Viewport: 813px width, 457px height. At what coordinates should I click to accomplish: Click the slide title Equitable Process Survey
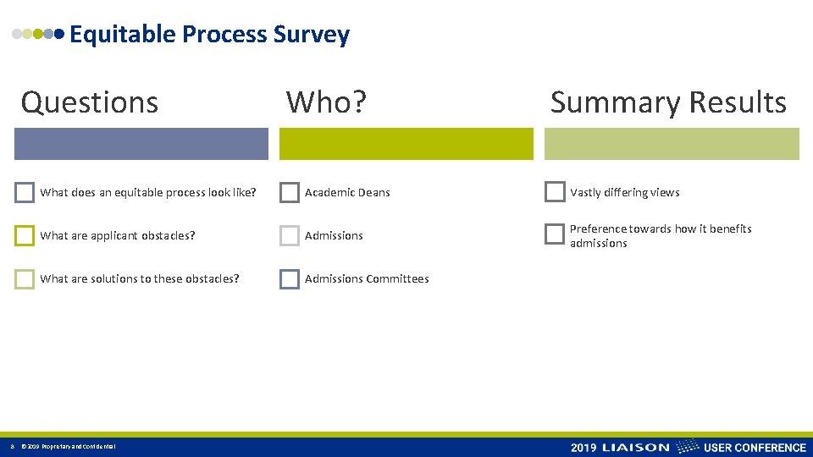click(x=208, y=35)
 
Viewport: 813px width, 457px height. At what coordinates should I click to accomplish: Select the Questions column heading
click(x=90, y=102)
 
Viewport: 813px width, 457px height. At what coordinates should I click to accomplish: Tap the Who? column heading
click(x=326, y=102)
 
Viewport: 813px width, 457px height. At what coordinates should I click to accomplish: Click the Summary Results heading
click(x=668, y=102)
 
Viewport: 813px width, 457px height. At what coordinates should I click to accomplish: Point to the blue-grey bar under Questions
click(x=141, y=144)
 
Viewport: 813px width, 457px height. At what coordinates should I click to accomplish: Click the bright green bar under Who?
click(x=406, y=144)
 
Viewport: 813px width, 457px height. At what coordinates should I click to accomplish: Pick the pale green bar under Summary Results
click(x=672, y=144)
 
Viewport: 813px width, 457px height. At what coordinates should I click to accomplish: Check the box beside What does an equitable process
click(x=25, y=192)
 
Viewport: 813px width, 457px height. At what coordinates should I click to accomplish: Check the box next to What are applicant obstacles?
click(x=25, y=235)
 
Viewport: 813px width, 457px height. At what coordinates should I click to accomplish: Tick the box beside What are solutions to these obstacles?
click(x=25, y=278)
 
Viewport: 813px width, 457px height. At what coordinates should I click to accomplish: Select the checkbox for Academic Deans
click(x=290, y=192)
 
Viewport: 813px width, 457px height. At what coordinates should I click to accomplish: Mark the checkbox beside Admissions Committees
click(x=290, y=278)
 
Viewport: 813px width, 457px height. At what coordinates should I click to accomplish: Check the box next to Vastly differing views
click(x=555, y=192)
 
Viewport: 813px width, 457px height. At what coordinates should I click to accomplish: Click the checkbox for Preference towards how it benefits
click(x=555, y=234)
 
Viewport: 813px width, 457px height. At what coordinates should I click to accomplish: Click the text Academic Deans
click(x=347, y=192)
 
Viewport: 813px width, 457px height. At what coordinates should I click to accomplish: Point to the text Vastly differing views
click(x=624, y=192)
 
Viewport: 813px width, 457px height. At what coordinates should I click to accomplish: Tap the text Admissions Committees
click(x=367, y=278)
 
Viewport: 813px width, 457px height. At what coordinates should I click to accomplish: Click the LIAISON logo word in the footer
click(x=635, y=447)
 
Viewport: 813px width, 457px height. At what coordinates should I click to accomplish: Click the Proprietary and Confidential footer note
click(x=68, y=447)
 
